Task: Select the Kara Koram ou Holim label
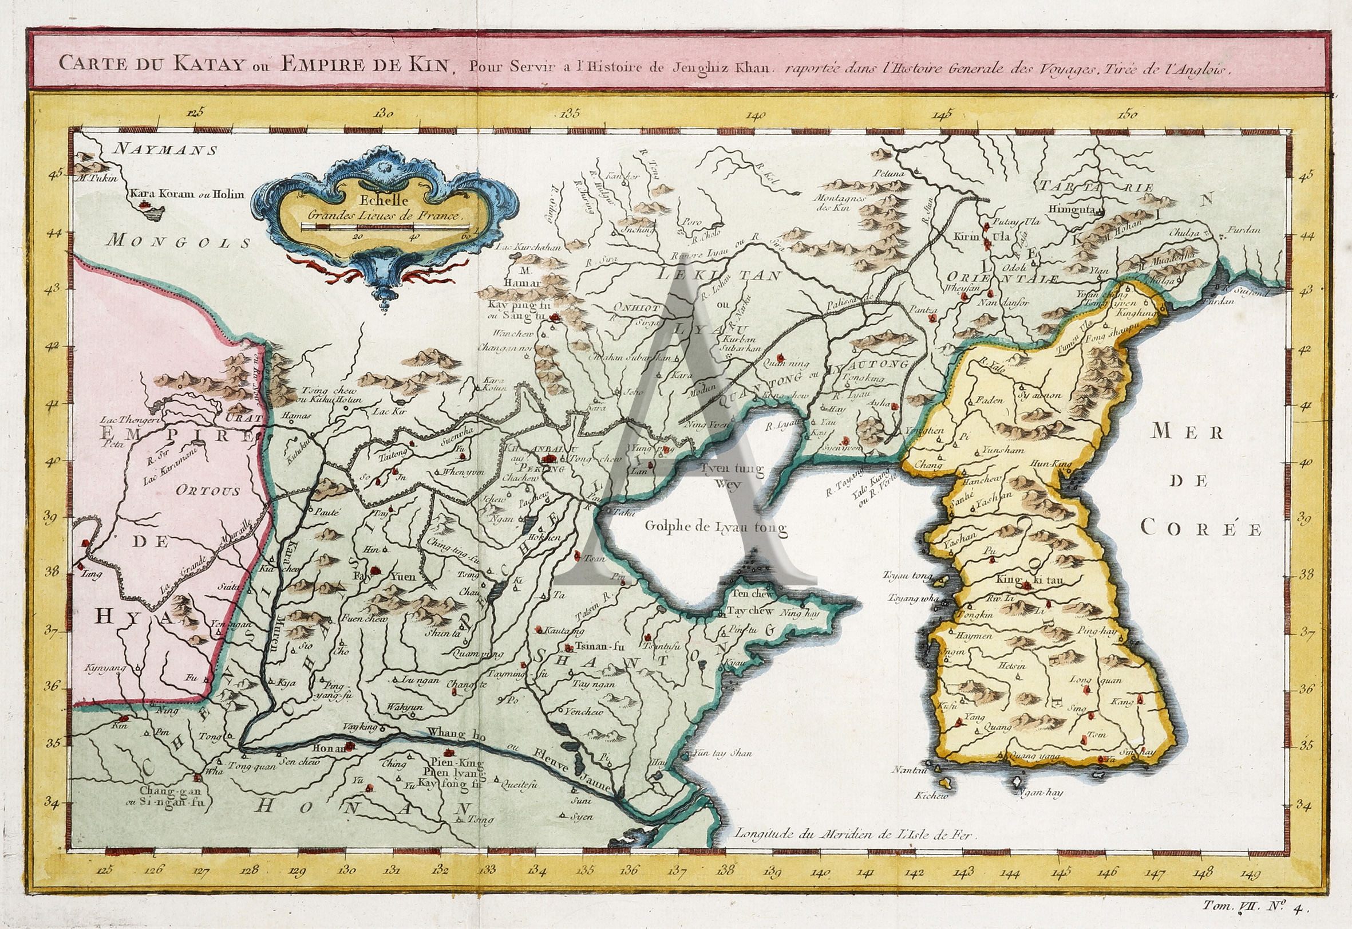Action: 187,194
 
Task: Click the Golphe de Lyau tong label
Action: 715,528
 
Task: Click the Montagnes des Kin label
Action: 841,202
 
